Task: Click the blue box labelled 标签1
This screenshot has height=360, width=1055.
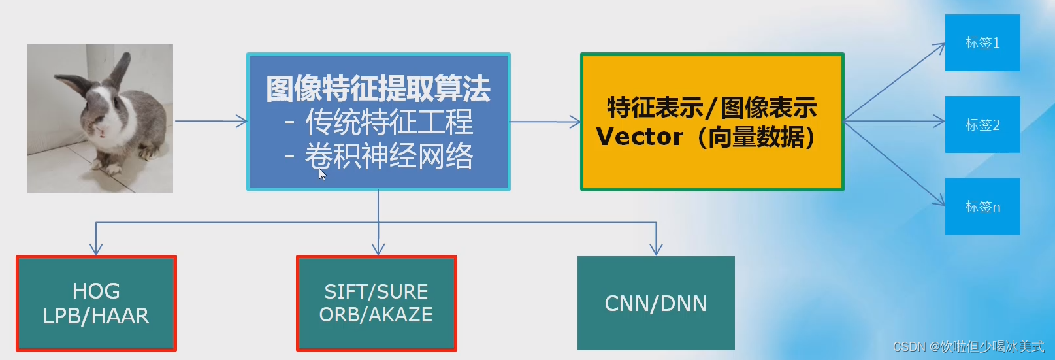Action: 982,43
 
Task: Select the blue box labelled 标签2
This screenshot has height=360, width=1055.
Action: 982,125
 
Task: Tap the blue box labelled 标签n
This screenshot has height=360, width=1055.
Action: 982,206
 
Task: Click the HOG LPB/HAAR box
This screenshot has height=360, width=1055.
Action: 96,303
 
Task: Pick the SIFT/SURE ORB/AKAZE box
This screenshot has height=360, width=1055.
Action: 376,303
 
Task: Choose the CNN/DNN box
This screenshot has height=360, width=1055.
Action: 656,303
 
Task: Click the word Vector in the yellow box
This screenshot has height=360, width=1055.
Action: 639,137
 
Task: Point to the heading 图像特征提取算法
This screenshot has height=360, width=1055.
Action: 378,89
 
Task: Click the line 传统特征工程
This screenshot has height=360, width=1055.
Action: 388,122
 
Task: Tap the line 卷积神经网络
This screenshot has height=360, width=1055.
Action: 388,157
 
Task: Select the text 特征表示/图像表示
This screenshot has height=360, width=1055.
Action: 712,108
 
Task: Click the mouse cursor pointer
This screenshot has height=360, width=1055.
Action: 322,174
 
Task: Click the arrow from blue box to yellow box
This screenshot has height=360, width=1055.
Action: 544,122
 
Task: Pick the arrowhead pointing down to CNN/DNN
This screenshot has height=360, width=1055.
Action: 656,249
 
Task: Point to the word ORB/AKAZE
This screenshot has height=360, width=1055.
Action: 376,315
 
